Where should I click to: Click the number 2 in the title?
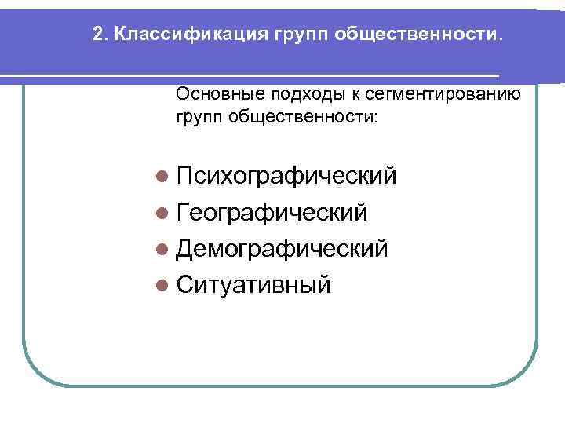[97, 35]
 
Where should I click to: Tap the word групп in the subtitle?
[200, 118]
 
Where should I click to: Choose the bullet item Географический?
[272, 212]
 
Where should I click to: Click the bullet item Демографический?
[282, 248]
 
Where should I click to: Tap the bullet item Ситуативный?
[253, 284]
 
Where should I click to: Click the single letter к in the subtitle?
[355, 96]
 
